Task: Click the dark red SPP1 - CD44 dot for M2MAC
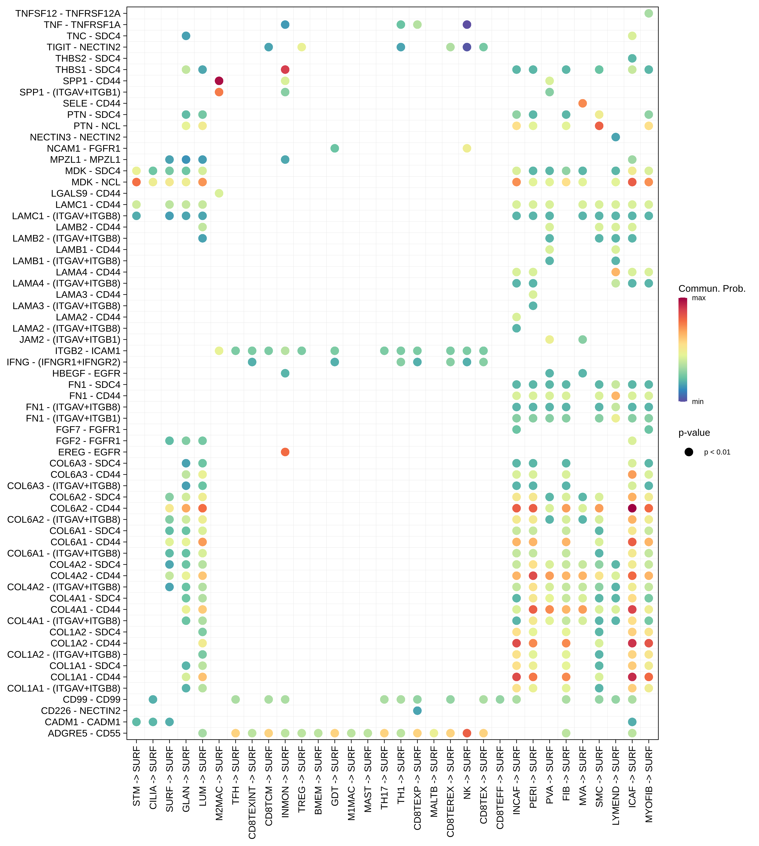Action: coord(219,81)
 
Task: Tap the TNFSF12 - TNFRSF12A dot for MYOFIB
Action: coord(648,13)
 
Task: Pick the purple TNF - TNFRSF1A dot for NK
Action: coord(467,25)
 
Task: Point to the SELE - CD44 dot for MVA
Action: coord(583,103)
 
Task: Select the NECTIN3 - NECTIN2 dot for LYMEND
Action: coord(616,137)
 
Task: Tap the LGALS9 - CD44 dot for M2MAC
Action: coord(219,193)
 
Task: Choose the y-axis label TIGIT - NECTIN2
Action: coord(83,47)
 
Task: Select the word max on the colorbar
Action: coord(698,298)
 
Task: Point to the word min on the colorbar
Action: coord(698,402)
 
